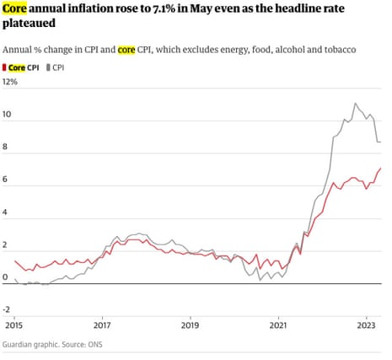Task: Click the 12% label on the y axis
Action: (11, 82)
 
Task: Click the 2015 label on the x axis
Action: (13, 324)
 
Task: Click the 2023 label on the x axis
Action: (366, 324)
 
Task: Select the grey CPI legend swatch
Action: (48, 67)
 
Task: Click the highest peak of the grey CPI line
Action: (355, 104)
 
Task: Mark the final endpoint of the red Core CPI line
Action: (380, 168)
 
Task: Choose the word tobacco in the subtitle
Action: (338, 50)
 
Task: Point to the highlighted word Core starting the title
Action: (17, 10)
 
